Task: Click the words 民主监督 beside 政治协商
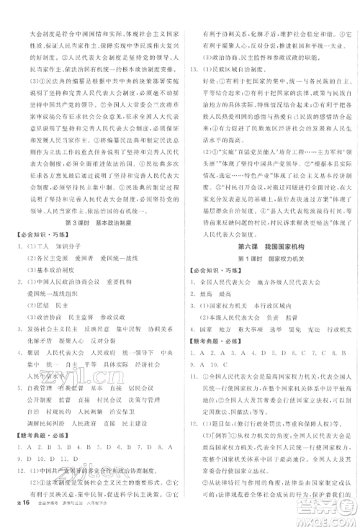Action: (86, 316)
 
